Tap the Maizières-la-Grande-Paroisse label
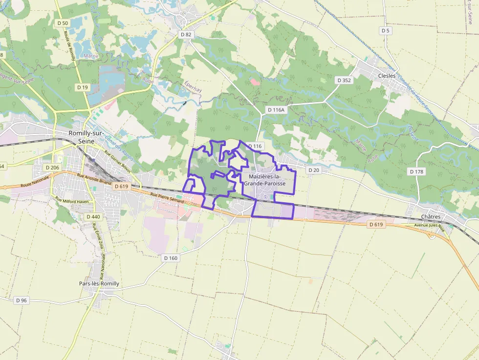(x=267, y=179)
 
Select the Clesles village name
(x=387, y=76)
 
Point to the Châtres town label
(x=431, y=217)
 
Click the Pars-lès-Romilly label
(x=99, y=283)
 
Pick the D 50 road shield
(x=63, y=23)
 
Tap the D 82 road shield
(x=186, y=35)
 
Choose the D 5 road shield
(x=386, y=31)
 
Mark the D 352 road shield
(x=344, y=80)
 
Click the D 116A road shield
(x=276, y=110)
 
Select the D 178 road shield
(x=416, y=171)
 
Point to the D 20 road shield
(x=313, y=170)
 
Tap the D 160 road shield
(x=171, y=258)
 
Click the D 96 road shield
(x=21, y=300)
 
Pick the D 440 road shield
(x=93, y=216)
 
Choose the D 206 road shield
(x=52, y=168)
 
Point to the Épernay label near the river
(x=193, y=87)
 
